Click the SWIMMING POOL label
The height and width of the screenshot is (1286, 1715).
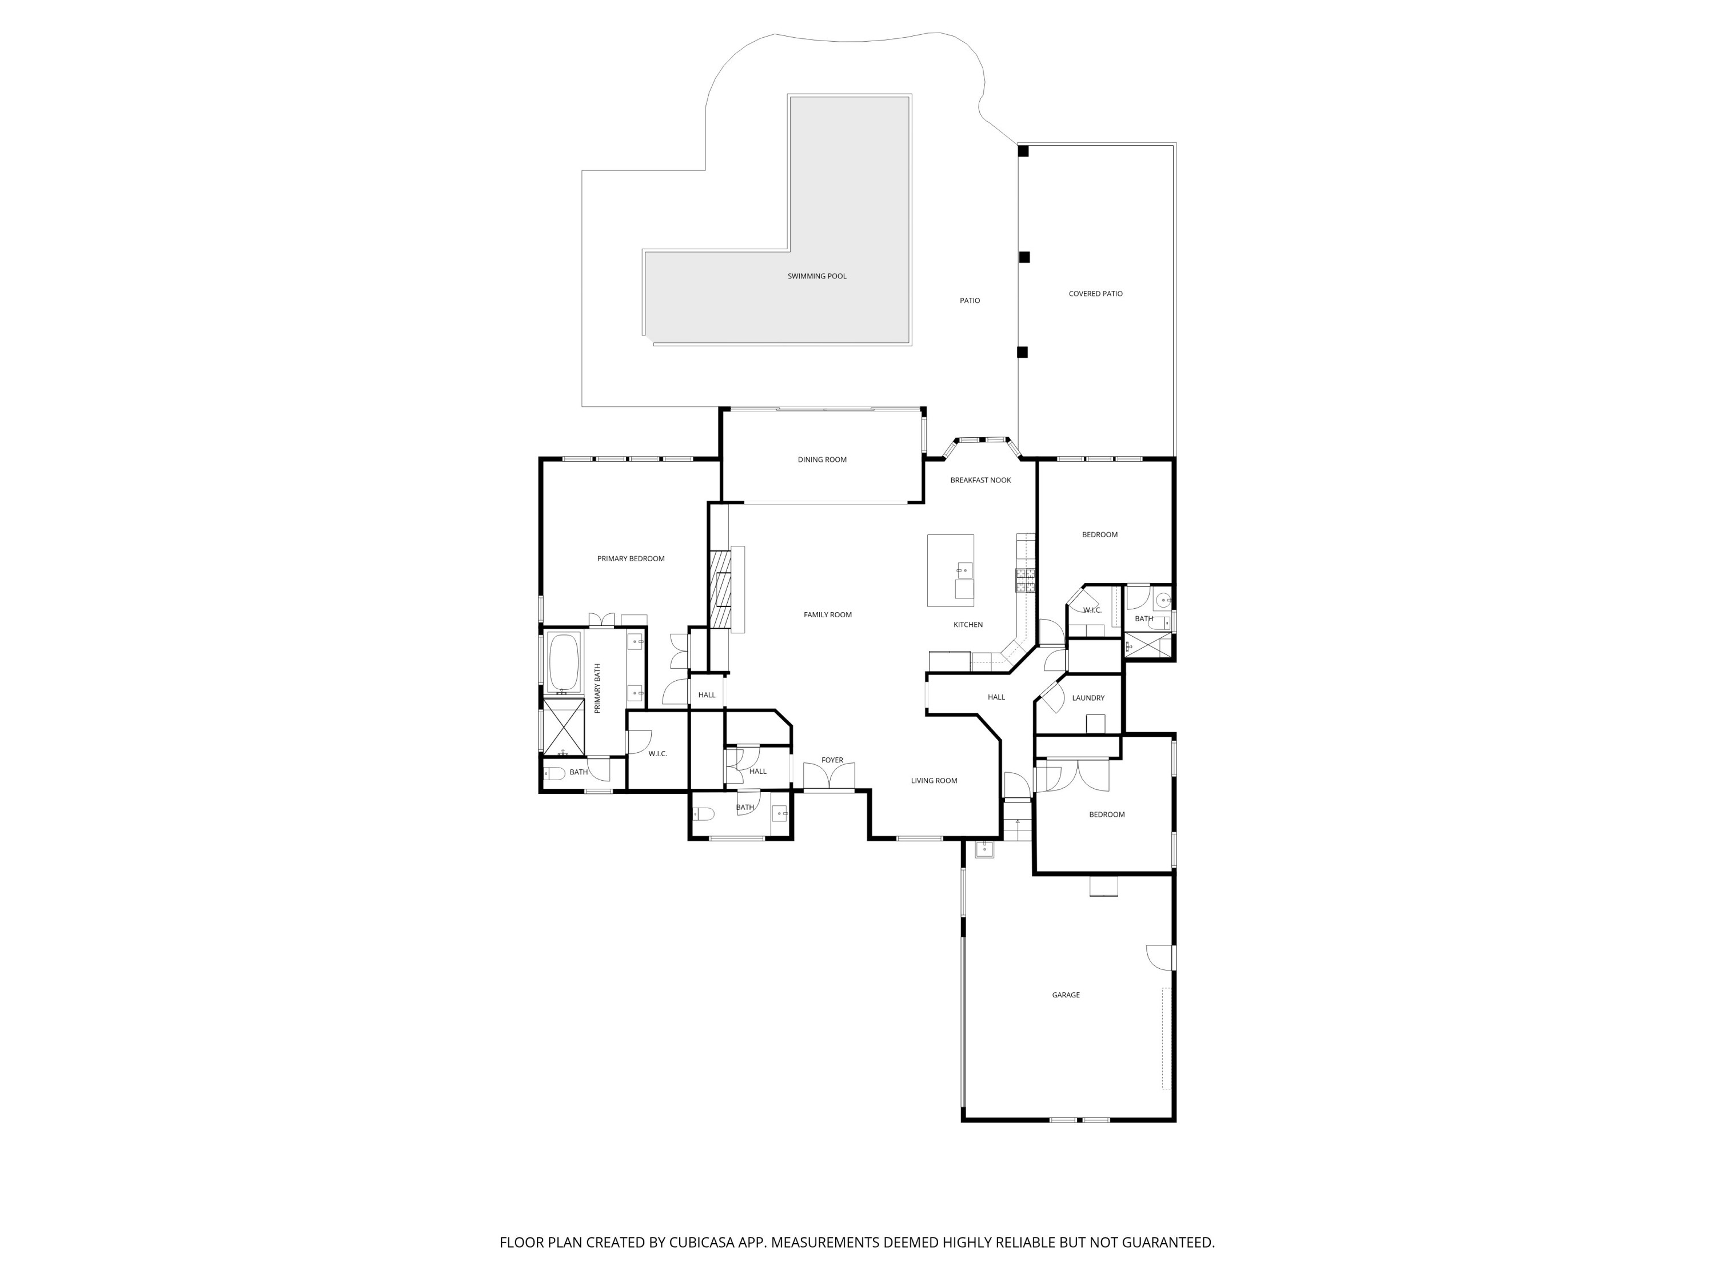(x=816, y=276)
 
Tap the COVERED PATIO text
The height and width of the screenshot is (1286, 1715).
(x=1095, y=294)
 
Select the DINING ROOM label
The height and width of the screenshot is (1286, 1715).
(x=822, y=460)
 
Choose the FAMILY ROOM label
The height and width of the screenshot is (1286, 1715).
(x=827, y=614)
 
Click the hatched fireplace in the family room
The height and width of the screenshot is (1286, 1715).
(x=721, y=589)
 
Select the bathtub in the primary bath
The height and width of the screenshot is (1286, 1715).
(x=564, y=663)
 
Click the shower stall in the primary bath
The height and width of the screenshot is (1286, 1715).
(x=564, y=726)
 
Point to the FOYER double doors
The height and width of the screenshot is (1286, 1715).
(x=829, y=777)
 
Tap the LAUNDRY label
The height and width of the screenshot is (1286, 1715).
(x=1088, y=698)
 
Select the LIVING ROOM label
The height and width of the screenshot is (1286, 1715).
(x=934, y=781)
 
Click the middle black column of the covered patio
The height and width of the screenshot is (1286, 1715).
(x=1024, y=257)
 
